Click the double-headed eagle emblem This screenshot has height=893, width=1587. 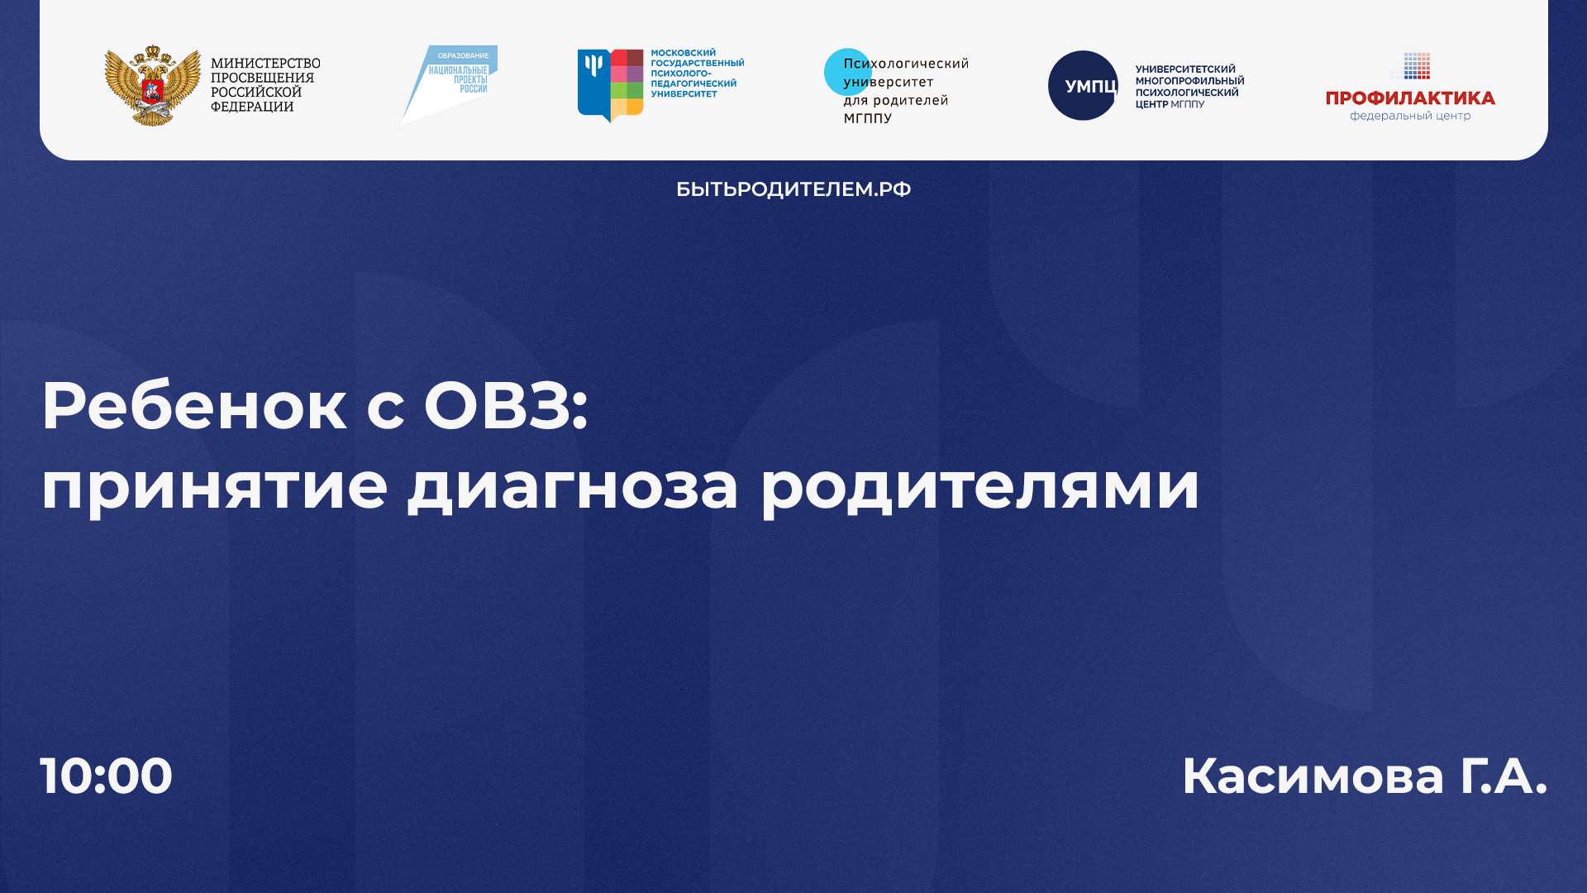(152, 85)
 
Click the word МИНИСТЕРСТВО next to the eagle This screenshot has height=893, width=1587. (265, 64)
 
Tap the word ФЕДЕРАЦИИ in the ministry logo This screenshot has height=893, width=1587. (252, 107)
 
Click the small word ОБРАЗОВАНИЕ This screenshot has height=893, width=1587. (463, 55)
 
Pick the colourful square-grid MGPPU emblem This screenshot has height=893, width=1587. (611, 85)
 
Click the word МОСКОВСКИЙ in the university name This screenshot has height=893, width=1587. (683, 53)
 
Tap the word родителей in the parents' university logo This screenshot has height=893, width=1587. (910, 100)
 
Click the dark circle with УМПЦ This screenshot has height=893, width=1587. (1083, 85)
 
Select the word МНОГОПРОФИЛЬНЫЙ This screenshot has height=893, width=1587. (1189, 81)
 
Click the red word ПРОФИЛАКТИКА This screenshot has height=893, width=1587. (1410, 98)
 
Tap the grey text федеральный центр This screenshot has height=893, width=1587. (1410, 116)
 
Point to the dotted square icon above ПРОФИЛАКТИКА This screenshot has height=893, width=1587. (1417, 66)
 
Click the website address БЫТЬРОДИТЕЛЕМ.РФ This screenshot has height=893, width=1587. (793, 189)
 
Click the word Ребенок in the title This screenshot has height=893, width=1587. (193, 406)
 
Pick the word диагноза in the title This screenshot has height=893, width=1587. (572, 486)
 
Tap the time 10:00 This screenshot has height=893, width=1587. (106, 776)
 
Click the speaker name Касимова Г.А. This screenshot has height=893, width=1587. (1364, 776)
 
